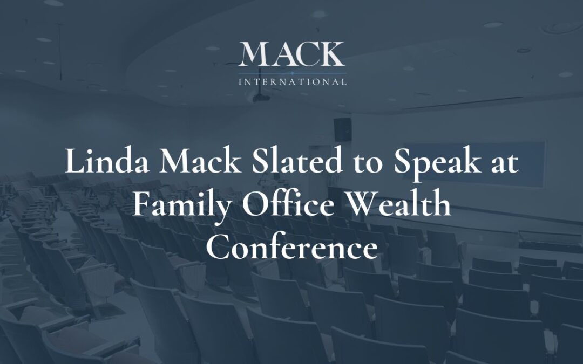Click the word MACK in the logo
coord(291,55)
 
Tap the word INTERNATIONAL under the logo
coord(292,83)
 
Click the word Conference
coord(291,249)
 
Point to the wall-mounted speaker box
coord(342,128)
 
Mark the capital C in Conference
coord(217,249)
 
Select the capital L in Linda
coord(73,162)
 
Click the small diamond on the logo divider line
coord(292,72)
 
